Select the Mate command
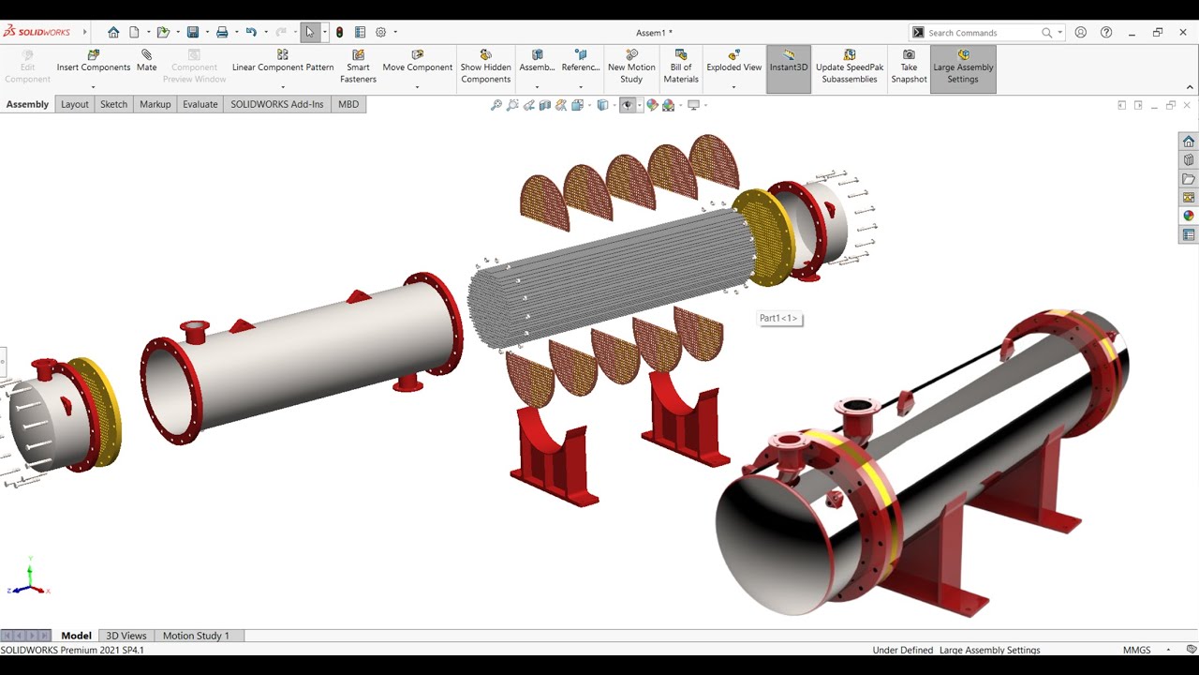pyautogui.click(x=146, y=62)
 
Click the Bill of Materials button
pyautogui.click(x=681, y=67)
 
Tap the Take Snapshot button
pyautogui.click(x=909, y=67)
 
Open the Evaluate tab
pyautogui.click(x=200, y=104)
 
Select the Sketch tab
pyautogui.click(x=113, y=104)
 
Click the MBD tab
pyautogui.click(x=348, y=104)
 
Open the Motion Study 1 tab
pyautogui.click(x=196, y=636)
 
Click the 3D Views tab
pyautogui.click(x=126, y=636)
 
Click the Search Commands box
pyautogui.click(x=984, y=33)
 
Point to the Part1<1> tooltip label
pyautogui.click(x=778, y=319)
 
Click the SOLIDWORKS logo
pyautogui.click(x=37, y=32)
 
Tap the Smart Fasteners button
pyautogui.click(x=358, y=67)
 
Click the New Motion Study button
pyautogui.click(x=631, y=67)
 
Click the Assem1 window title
pyautogui.click(x=654, y=33)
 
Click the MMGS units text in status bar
pyautogui.click(x=1137, y=650)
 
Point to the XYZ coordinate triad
pyautogui.click(x=29, y=579)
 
